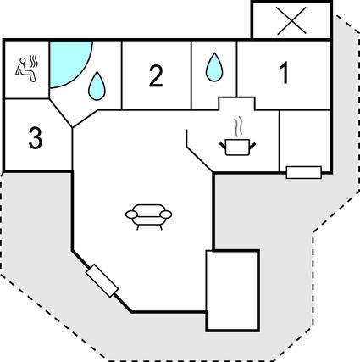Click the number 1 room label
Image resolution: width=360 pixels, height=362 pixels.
pos(285,73)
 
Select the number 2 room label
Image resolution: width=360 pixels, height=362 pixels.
pos(156,75)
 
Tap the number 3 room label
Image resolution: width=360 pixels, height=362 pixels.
pos(36,138)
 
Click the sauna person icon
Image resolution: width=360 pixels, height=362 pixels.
pos(25,70)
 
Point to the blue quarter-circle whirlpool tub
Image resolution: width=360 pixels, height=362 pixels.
pos(68,61)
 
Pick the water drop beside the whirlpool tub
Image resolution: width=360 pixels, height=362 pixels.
pos(97,86)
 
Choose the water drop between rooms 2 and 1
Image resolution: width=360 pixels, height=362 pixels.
pos(214,67)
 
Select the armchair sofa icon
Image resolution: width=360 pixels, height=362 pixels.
pos(148,217)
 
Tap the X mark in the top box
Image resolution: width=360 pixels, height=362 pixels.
pos(291,21)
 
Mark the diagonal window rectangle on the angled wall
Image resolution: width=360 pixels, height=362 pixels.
pos(102,281)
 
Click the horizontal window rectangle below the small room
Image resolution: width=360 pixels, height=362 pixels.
pos(304,172)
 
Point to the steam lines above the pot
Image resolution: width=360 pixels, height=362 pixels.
pos(239,126)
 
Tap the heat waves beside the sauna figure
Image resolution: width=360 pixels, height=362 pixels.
pos(34,62)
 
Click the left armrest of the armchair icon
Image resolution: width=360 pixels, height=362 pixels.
pos(131,214)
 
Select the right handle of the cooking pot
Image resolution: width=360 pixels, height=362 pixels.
pos(252,147)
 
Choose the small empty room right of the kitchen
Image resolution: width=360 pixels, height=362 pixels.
pos(305,138)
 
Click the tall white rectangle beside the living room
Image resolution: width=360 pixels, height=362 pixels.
pos(233,290)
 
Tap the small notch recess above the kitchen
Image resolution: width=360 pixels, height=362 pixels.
pos(237,103)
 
